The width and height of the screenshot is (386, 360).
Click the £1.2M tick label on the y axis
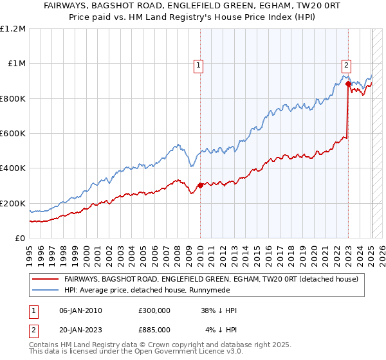(14, 29)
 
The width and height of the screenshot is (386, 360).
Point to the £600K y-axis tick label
(13, 134)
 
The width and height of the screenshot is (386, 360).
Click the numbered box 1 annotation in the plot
(198, 64)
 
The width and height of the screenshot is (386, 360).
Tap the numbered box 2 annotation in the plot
(346, 64)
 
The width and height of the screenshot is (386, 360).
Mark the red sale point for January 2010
(200, 186)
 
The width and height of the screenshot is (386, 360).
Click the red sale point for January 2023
(348, 84)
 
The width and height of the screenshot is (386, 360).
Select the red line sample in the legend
(45, 278)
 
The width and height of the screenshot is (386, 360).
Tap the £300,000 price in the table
(154, 310)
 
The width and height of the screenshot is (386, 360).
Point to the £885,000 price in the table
(154, 330)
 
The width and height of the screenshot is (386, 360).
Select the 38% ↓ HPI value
(219, 310)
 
